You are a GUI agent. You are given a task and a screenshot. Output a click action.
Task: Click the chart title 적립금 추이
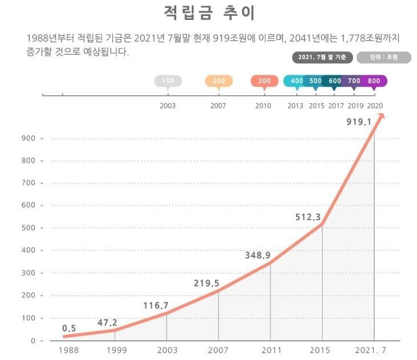(209, 13)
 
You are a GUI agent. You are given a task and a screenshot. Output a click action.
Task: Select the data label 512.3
(309, 217)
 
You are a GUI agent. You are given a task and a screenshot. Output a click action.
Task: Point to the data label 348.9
(258, 254)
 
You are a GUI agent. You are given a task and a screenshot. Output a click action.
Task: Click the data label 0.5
(70, 328)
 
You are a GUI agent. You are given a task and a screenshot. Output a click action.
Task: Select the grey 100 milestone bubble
(168, 81)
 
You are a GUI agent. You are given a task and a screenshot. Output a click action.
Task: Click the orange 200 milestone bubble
(218, 81)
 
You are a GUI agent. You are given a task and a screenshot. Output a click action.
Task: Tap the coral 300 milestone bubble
(264, 81)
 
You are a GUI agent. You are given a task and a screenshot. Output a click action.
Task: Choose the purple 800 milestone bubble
(374, 81)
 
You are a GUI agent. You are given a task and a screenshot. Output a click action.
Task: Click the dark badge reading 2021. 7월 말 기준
(323, 57)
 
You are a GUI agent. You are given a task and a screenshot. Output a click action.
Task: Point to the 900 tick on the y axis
(29, 139)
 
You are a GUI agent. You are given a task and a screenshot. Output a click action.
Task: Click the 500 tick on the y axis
(29, 228)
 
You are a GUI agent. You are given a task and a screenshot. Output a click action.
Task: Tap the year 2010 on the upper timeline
(263, 106)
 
